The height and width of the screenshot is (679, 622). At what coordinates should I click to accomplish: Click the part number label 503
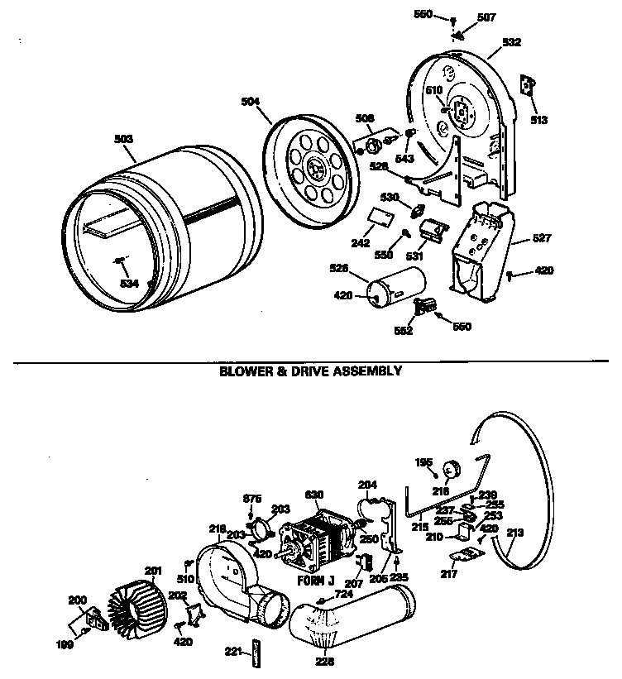pyautogui.click(x=122, y=139)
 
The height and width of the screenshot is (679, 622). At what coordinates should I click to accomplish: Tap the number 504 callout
pyautogui.click(x=250, y=102)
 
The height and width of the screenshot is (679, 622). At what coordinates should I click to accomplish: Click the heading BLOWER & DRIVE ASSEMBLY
pyautogui.click(x=310, y=371)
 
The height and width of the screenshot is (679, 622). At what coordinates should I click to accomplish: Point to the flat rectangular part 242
pyautogui.click(x=380, y=216)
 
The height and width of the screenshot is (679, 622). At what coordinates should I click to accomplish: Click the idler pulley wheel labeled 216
pyautogui.click(x=452, y=471)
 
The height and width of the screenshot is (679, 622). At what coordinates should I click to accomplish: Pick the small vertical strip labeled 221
pyautogui.click(x=256, y=650)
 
